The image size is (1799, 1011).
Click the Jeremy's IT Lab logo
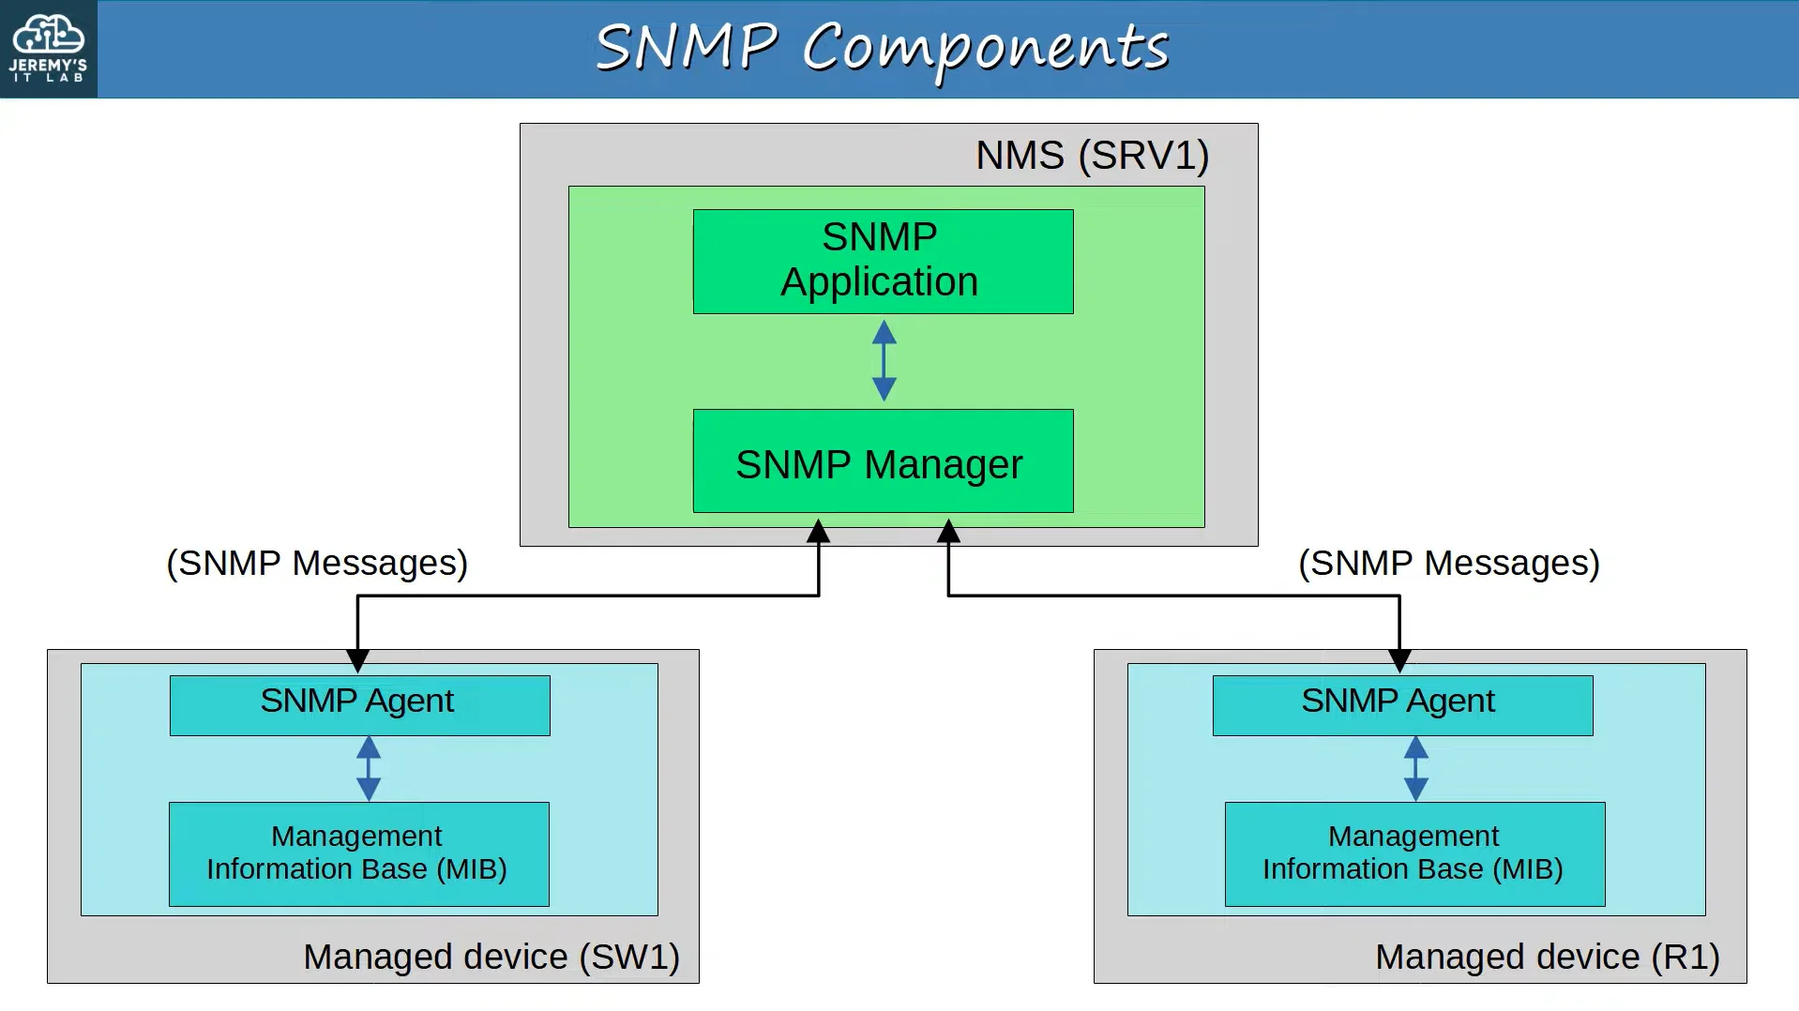coord(48,49)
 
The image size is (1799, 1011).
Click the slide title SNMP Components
coord(883,49)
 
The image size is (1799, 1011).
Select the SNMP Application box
coord(883,262)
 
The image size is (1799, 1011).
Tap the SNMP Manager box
coord(883,460)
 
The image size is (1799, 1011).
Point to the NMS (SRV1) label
coord(1092,156)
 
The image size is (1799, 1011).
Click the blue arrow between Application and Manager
coord(884,360)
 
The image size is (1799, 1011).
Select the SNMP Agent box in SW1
coord(359,705)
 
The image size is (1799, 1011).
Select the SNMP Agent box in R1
coord(1402,705)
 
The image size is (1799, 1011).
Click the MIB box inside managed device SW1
coord(358,853)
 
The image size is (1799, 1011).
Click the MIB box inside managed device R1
coord(1414,853)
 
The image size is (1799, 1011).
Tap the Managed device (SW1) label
coord(491,958)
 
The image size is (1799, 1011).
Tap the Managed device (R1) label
coord(1548,958)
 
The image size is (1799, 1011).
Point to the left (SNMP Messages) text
coord(317,564)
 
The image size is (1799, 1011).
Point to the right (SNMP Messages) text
coord(1449,564)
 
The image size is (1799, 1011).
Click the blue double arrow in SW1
coord(369,768)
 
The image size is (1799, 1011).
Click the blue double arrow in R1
coord(1415,768)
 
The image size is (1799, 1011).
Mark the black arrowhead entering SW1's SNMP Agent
coord(357,661)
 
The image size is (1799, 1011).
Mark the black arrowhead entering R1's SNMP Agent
coord(1399,661)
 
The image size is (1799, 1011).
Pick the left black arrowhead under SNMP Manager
coord(819,532)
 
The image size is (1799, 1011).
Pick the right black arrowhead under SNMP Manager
coord(948,532)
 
